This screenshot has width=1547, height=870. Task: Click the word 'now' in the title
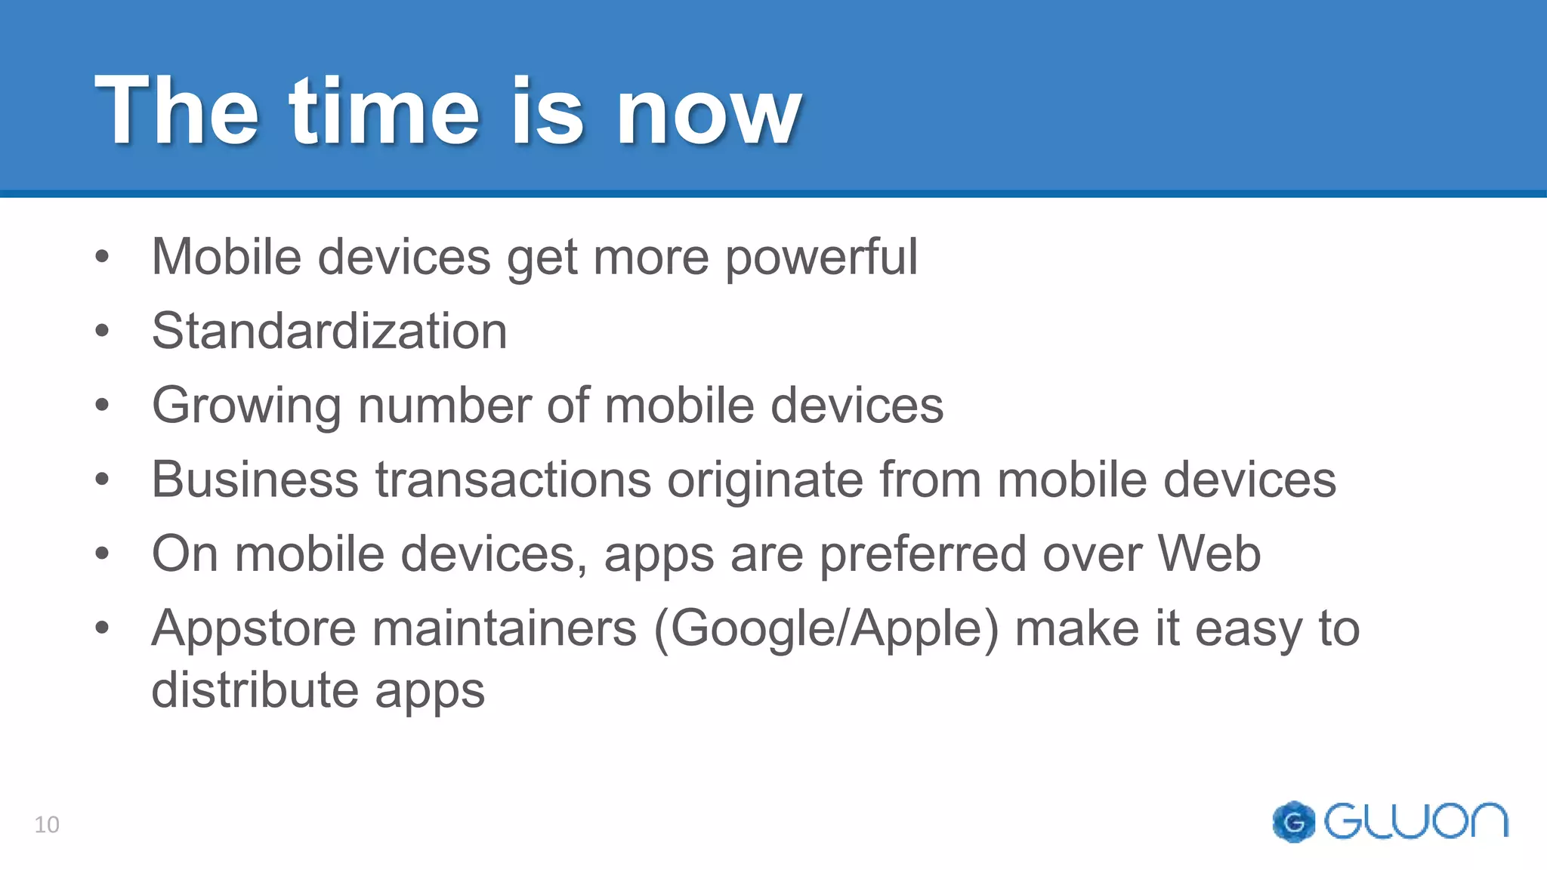(x=709, y=113)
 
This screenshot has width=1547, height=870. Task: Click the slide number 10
(x=47, y=825)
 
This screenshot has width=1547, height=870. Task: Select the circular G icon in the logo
(x=1293, y=822)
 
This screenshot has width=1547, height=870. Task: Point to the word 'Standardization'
(x=329, y=331)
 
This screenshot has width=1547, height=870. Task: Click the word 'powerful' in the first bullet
(x=821, y=258)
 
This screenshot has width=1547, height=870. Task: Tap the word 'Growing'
(x=246, y=406)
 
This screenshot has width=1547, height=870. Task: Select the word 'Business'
(x=255, y=480)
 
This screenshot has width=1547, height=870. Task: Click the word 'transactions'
(x=514, y=480)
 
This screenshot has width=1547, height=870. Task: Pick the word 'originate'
(x=764, y=480)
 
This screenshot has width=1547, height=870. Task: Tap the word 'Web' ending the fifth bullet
(x=1209, y=554)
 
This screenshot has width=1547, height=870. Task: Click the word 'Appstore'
(x=254, y=629)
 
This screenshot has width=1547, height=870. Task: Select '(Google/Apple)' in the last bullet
(x=826, y=629)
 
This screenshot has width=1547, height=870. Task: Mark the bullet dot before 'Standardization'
(x=103, y=331)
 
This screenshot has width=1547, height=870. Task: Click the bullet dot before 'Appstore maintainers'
(x=103, y=627)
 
